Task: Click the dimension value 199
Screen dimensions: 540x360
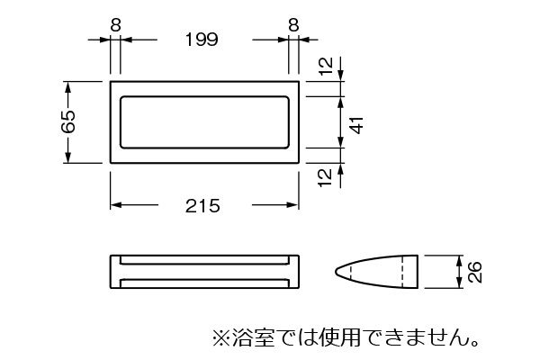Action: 202,40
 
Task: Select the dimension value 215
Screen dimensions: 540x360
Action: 202,206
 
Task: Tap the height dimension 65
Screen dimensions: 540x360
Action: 68,121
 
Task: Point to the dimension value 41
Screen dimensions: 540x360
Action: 357,125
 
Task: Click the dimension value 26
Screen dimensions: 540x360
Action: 474,272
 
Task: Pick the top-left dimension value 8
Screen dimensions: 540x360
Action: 116,25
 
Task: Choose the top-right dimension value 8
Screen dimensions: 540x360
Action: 293,25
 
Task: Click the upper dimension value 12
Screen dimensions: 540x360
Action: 326,66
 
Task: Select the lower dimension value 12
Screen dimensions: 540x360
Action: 326,178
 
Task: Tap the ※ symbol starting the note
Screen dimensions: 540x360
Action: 220,338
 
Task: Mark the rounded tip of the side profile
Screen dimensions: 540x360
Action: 336,272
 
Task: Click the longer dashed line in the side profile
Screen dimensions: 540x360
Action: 402,272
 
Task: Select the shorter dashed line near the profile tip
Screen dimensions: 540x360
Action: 351,272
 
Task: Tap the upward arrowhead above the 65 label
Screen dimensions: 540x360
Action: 67,86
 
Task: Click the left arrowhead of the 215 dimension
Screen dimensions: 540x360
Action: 116,205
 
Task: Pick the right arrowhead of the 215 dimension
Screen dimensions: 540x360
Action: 292,205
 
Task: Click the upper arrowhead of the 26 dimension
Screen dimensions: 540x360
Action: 459,260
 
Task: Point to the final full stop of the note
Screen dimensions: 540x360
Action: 475,344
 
